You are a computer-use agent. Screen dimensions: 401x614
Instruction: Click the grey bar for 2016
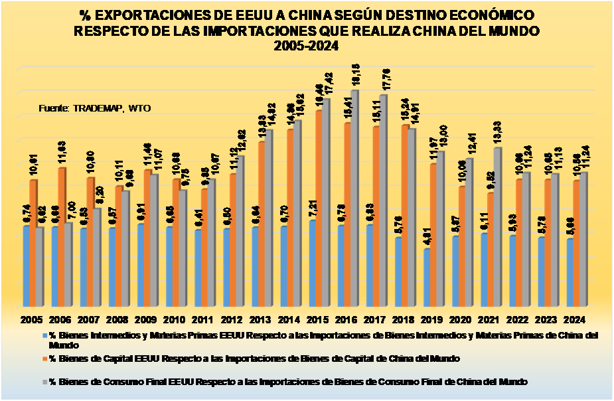354,199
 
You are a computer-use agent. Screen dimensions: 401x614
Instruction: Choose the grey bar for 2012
240,232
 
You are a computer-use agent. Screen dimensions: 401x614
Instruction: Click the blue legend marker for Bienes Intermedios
44,336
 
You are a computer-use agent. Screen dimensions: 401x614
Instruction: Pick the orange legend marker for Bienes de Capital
44,359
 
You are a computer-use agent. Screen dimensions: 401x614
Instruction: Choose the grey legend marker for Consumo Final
44,382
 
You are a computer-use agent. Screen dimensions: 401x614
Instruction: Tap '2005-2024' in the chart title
306,46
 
